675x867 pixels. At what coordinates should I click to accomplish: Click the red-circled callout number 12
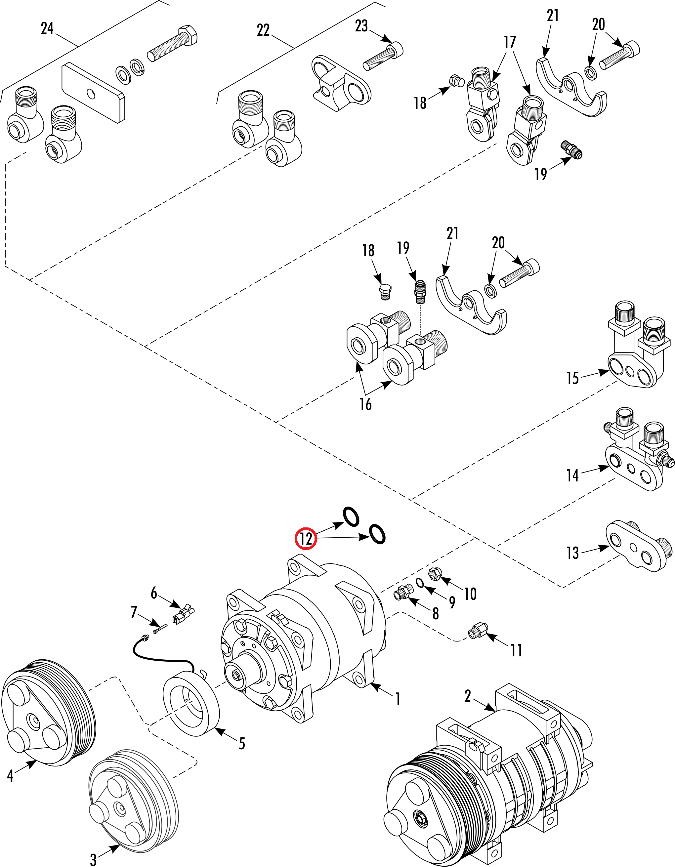point(305,539)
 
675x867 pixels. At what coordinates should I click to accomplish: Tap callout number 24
point(47,28)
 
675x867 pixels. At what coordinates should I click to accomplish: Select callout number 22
point(263,30)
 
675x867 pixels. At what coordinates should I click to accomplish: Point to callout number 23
point(361,26)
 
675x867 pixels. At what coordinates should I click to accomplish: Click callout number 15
point(572,378)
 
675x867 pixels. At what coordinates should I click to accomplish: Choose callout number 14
point(572,475)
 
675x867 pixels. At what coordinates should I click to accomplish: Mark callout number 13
point(572,553)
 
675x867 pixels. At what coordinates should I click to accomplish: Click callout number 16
point(365,404)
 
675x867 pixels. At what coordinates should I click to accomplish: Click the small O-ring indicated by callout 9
point(420,582)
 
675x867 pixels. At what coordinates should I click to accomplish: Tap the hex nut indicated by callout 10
point(435,574)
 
